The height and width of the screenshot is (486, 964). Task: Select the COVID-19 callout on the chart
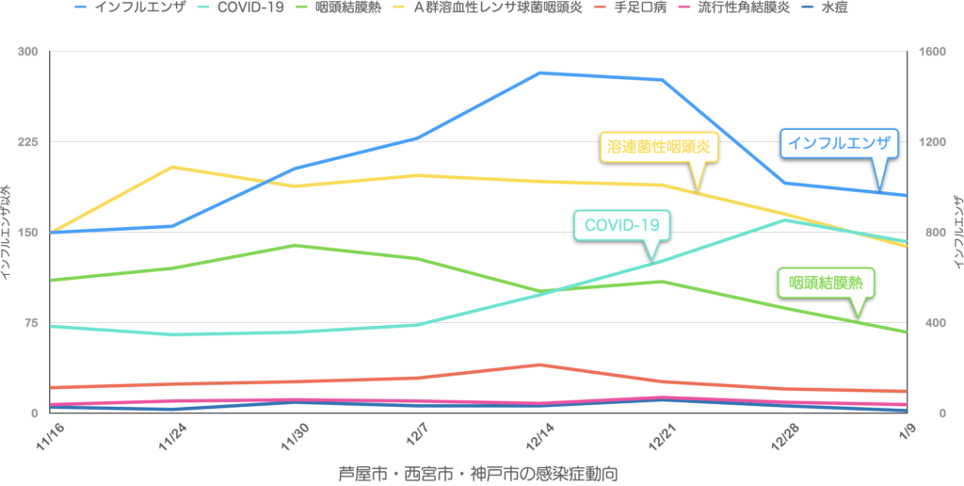pos(621,225)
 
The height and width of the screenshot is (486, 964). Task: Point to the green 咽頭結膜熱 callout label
pos(826,282)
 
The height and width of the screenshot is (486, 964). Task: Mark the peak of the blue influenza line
pos(539,73)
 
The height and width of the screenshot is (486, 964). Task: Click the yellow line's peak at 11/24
pos(171,167)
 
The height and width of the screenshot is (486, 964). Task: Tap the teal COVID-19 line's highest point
pos(786,219)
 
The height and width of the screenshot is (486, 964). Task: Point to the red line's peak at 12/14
pos(538,364)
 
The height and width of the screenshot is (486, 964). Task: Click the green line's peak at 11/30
pos(296,245)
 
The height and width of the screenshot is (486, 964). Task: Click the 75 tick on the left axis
pos(31,323)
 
